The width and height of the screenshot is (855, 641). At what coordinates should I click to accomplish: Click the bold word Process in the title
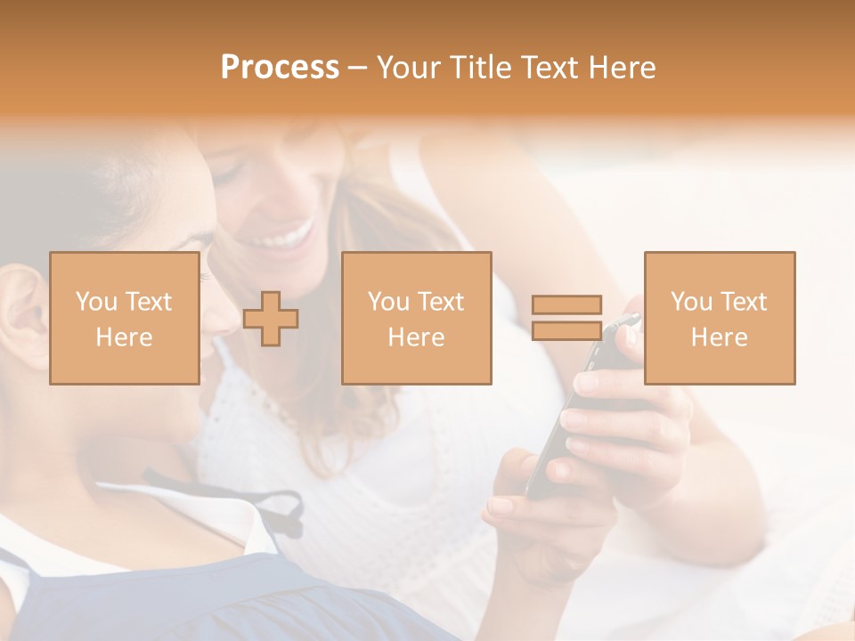[280, 68]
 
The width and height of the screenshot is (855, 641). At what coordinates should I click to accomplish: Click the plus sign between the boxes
[271, 318]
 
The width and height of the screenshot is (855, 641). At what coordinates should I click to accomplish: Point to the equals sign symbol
[566, 318]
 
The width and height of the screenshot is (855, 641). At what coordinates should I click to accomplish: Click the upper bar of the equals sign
[566, 304]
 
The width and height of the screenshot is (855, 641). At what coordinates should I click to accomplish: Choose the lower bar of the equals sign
[566, 331]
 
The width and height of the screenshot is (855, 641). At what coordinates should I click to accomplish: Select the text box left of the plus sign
[124, 318]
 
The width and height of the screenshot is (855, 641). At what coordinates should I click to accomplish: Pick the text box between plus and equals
[416, 318]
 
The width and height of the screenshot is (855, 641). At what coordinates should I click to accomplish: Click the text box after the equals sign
[719, 318]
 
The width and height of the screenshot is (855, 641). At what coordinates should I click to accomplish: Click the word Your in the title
[408, 68]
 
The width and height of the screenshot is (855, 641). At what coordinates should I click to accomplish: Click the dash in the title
[358, 68]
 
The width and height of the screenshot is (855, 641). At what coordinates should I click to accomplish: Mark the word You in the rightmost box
[691, 302]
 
